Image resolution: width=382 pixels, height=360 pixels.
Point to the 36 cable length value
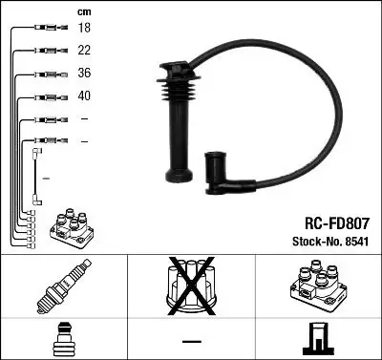tap(83, 74)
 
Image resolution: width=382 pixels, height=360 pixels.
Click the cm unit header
tap(82, 11)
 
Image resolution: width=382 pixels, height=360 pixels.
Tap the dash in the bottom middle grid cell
tap(190, 340)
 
